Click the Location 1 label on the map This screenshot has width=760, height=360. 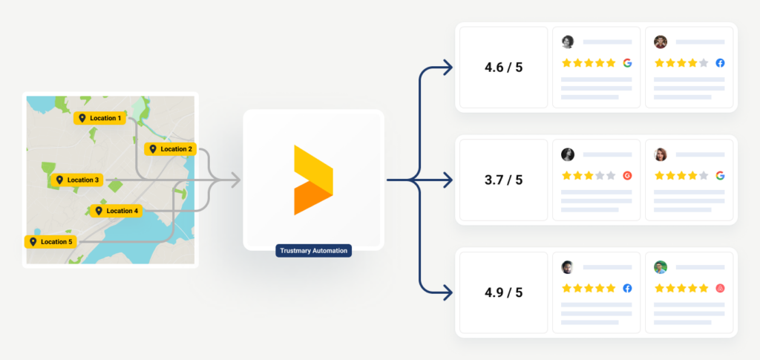[100, 118]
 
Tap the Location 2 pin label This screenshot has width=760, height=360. [170, 149]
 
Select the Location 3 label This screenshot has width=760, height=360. [77, 180]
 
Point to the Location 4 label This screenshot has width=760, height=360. [117, 211]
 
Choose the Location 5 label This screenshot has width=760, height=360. [50, 242]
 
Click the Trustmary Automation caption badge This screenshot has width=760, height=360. [314, 250]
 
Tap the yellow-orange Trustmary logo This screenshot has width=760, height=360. [313, 180]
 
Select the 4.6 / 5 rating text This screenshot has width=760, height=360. [504, 68]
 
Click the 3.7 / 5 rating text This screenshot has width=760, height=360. [504, 180]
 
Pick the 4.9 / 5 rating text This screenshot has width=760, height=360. [504, 292]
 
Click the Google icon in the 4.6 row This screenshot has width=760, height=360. [627, 63]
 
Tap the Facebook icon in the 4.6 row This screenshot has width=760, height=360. [720, 63]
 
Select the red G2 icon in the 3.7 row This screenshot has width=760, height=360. [627, 175]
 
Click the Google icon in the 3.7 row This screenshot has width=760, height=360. [720, 175]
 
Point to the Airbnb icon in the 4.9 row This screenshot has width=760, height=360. [720, 288]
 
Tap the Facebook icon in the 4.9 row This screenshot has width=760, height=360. [627, 288]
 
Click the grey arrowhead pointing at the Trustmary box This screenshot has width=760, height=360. [235, 180]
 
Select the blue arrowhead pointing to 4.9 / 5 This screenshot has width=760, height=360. [448, 292]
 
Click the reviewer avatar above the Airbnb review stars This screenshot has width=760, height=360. [660, 267]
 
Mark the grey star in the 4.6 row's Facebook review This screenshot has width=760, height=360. [704, 63]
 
